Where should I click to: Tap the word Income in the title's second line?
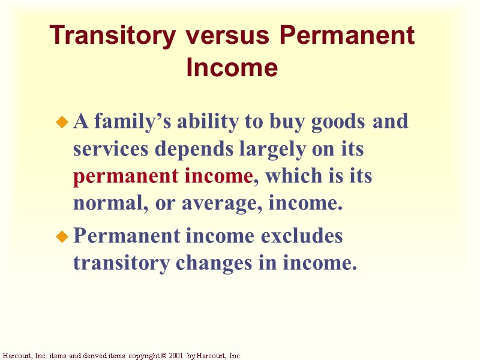pos(232,67)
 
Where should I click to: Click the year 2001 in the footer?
pos(175,356)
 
